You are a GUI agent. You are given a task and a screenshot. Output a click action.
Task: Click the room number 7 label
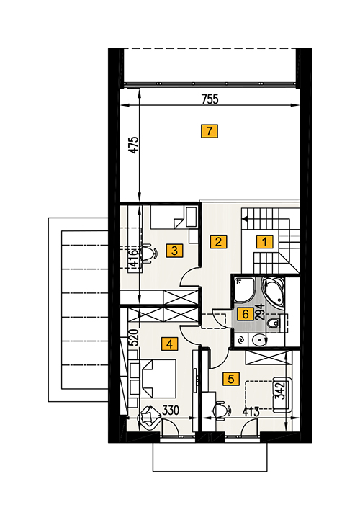[x=210, y=131]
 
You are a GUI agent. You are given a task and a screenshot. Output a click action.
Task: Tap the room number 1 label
[x=264, y=242]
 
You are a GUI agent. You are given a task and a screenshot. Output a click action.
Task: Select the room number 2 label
[x=218, y=241]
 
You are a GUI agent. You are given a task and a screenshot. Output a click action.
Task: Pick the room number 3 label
[x=174, y=251]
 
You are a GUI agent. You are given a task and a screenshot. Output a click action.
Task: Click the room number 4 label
[x=169, y=344]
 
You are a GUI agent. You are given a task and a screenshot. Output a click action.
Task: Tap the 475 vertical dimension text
[x=134, y=145]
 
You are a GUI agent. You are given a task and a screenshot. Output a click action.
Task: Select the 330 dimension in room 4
[x=171, y=411]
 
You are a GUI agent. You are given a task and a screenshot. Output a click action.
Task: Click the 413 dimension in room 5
[x=251, y=412]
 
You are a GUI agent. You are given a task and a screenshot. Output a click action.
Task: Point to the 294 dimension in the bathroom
[x=261, y=312]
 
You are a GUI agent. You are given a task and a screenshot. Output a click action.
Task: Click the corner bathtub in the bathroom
[x=274, y=292]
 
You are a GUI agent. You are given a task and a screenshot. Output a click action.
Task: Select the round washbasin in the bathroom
[x=258, y=340]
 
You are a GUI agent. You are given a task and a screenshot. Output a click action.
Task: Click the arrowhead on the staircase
[x=245, y=218]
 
